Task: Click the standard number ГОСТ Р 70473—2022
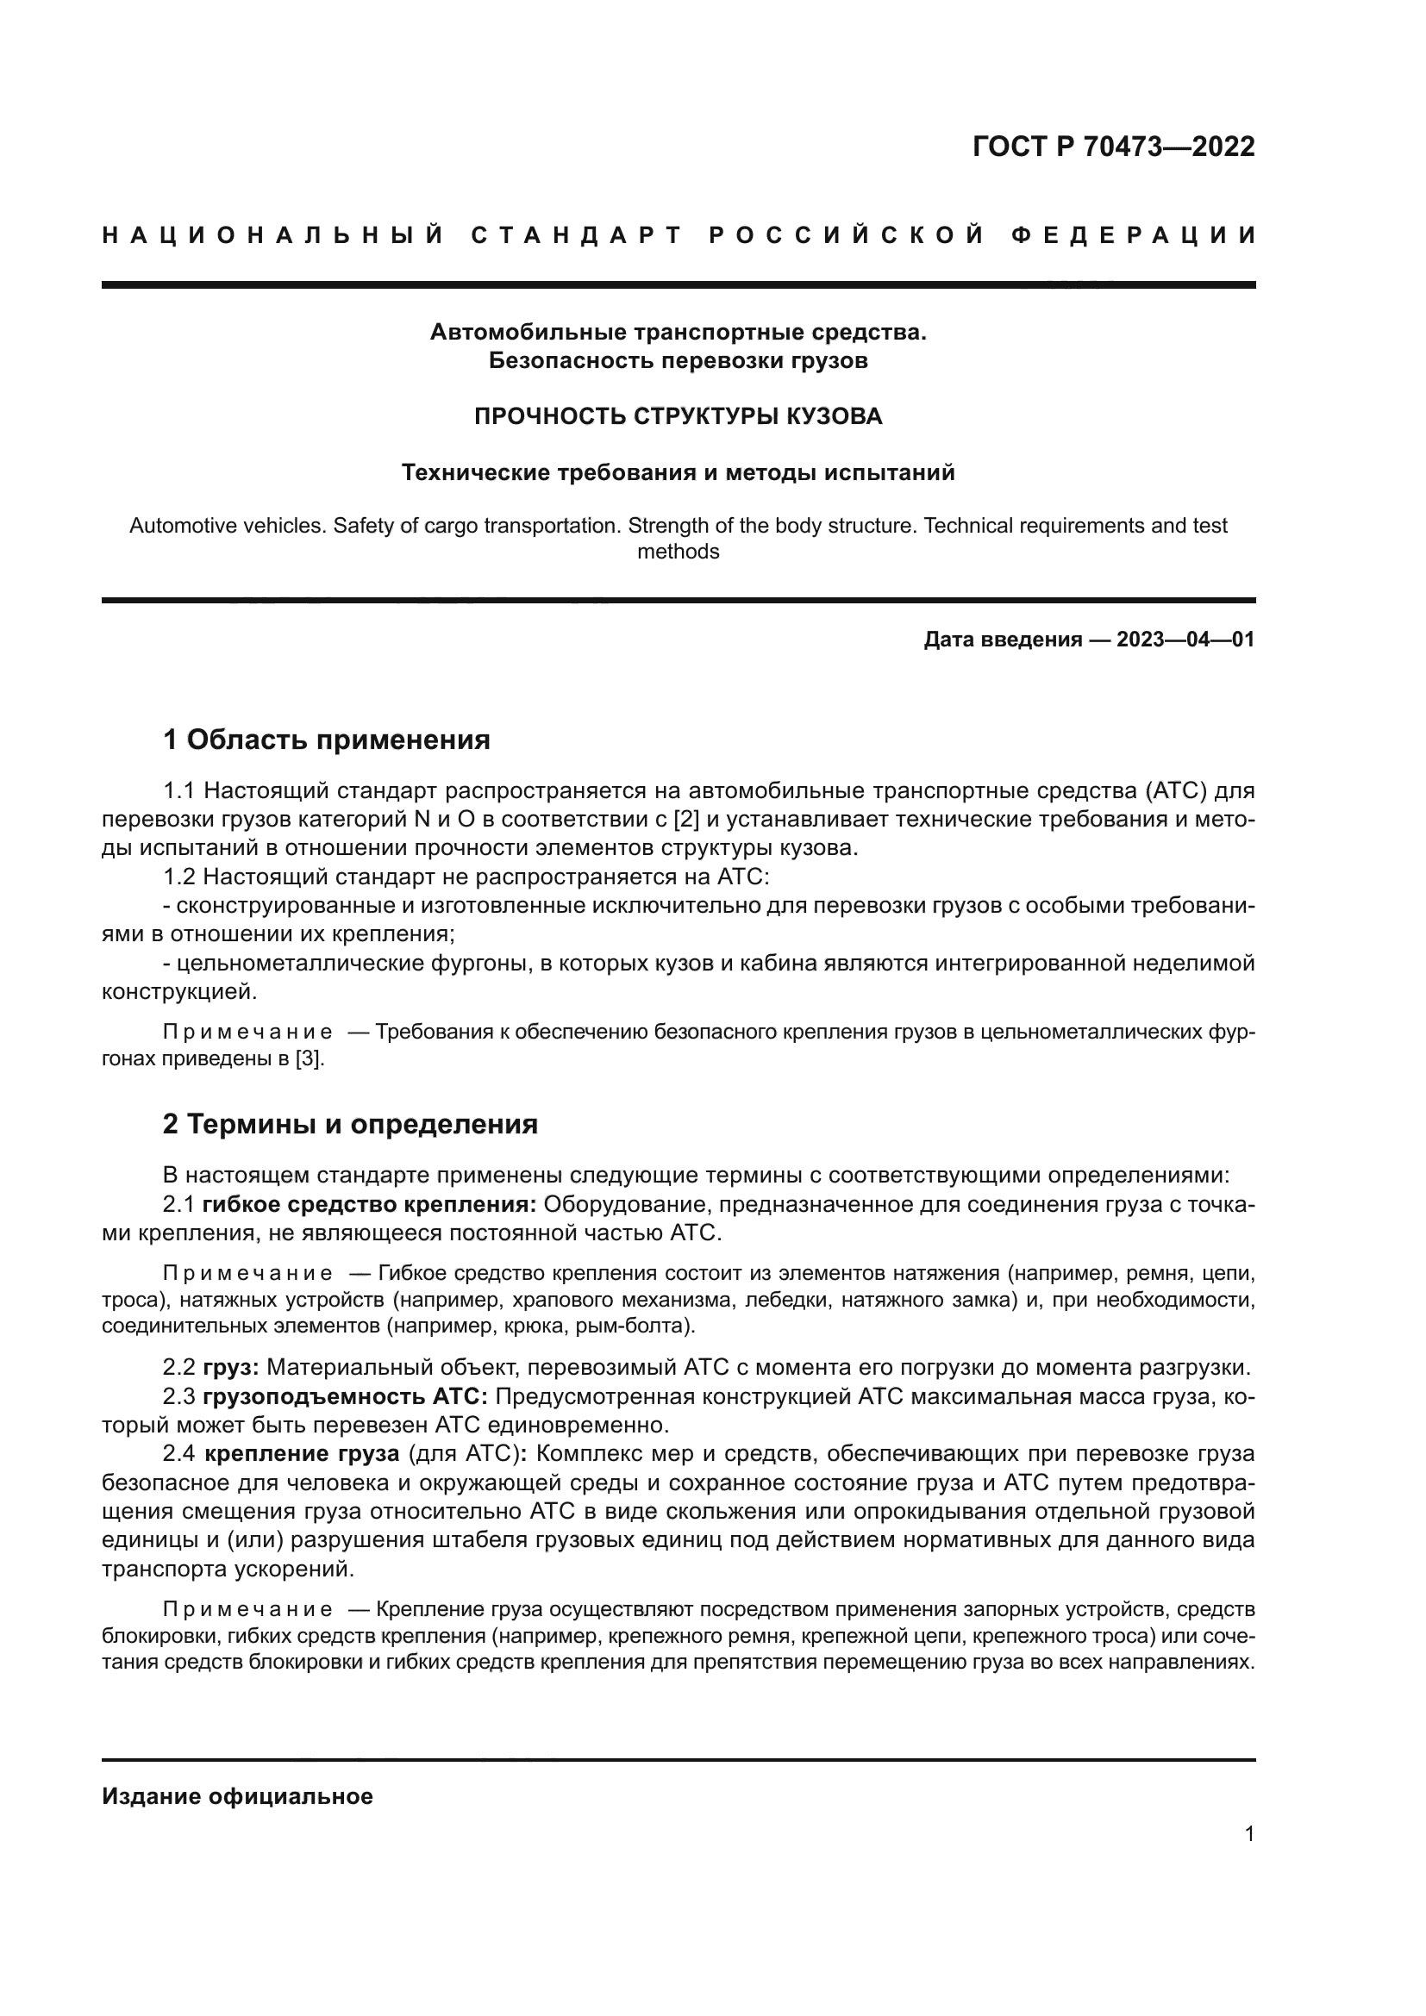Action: [1113, 147]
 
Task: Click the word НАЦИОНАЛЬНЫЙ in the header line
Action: [273, 235]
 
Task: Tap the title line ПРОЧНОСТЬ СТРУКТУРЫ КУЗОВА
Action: [678, 416]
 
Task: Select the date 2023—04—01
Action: [1185, 640]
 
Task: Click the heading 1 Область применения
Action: [326, 740]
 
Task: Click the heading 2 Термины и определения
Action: [349, 1124]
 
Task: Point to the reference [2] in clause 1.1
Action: [685, 819]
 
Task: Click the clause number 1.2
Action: [180, 877]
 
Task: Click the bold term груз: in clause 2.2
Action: [231, 1367]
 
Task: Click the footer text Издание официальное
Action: [237, 1796]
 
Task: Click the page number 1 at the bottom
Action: [1248, 1834]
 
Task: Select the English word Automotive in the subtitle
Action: [180, 526]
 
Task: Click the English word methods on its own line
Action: [678, 552]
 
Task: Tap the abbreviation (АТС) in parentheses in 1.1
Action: [1176, 791]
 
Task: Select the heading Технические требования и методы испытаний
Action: [678, 472]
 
